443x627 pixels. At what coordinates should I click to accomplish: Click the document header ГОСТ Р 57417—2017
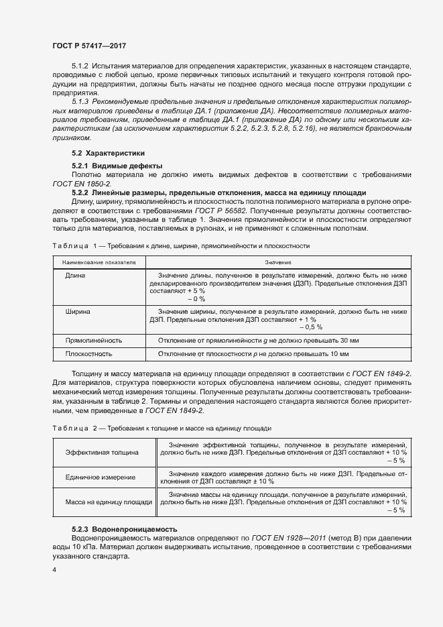point(89,45)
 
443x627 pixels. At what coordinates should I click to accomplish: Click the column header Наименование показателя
point(99,262)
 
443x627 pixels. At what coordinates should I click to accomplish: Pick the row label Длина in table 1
point(75,275)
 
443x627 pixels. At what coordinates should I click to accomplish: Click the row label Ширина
point(78,312)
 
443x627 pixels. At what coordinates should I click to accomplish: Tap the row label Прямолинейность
point(93,340)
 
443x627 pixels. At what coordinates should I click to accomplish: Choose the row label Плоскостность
point(88,353)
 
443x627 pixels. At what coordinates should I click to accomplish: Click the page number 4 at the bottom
point(54,570)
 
